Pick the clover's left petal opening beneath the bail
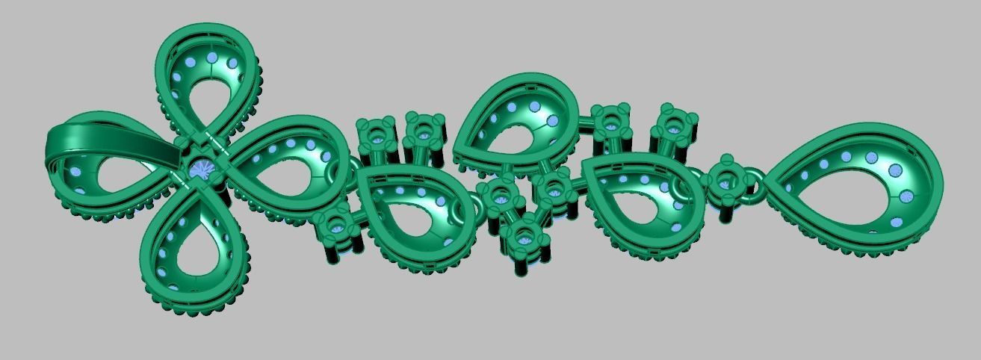(120, 175)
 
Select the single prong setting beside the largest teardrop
(726, 180)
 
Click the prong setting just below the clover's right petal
(332, 227)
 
